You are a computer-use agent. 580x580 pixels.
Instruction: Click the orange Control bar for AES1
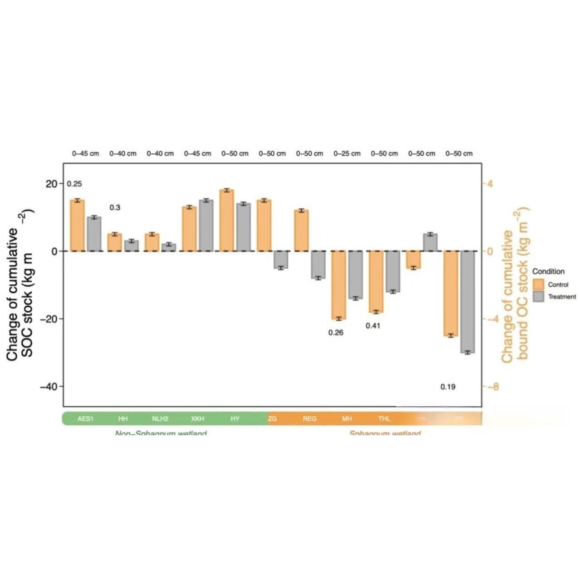click(78, 226)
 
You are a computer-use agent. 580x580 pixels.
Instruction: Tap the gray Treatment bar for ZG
click(280, 260)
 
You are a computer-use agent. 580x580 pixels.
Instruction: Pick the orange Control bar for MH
click(339, 285)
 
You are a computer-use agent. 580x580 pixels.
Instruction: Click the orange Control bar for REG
click(301, 231)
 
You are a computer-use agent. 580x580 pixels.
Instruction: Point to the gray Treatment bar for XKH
click(206, 226)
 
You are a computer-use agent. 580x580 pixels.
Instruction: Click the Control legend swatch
click(538, 285)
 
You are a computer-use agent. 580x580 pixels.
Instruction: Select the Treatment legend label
click(562, 297)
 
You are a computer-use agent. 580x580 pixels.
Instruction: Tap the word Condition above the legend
click(548, 271)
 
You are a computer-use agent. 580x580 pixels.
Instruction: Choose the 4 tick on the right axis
click(490, 183)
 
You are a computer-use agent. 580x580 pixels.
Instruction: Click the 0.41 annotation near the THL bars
click(373, 326)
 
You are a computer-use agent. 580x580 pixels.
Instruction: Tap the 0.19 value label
click(448, 387)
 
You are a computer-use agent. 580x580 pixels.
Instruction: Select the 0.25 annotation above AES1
click(74, 184)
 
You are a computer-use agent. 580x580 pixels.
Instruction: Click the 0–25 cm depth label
click(347, 153)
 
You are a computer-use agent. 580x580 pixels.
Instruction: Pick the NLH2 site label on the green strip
click(160, 418)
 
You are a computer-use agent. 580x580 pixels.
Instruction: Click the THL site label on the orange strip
click(384, 418)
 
